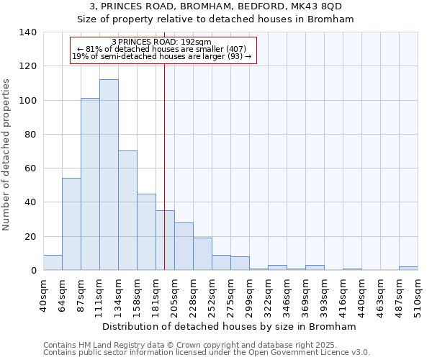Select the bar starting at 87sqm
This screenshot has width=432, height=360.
point(90,184)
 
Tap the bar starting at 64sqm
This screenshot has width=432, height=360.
point(71,224)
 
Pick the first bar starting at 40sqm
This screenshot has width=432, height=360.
point(53,263)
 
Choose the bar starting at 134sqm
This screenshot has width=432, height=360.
point(127,210)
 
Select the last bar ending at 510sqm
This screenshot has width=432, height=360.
point(408,269)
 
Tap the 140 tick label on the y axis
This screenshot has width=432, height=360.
point(28,32)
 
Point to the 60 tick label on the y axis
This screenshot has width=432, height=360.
point(31,168)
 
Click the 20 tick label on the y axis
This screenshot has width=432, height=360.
point(31,237)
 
